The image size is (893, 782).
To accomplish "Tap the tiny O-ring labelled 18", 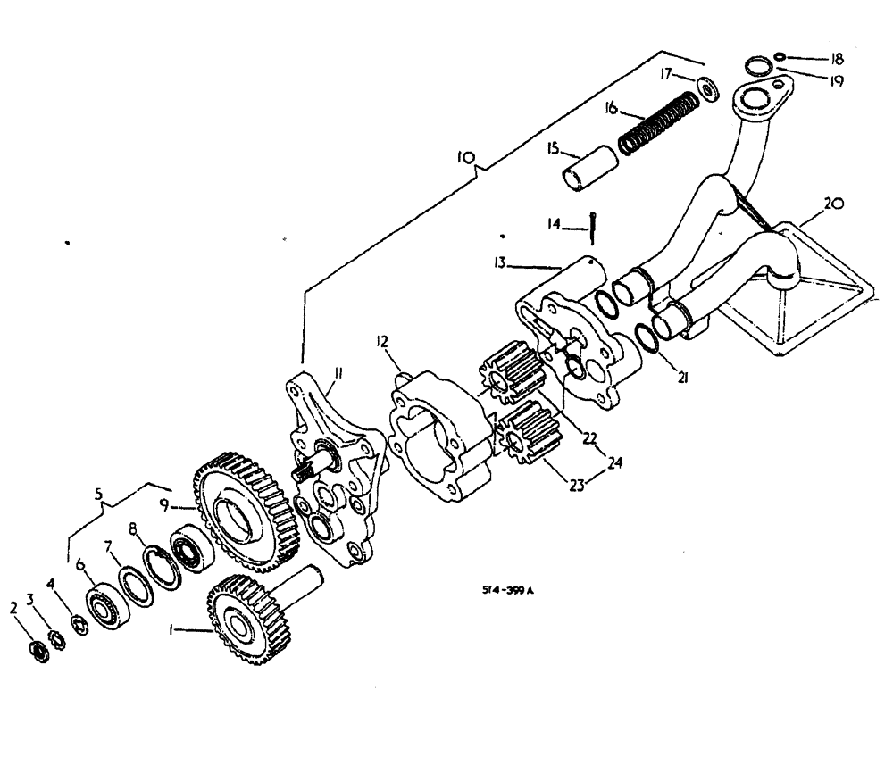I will coord(780,57).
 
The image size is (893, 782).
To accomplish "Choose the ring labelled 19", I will coord(757,64).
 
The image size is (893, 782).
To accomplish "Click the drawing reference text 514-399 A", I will coord(508,590).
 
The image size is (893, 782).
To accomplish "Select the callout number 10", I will coord(465,157).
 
